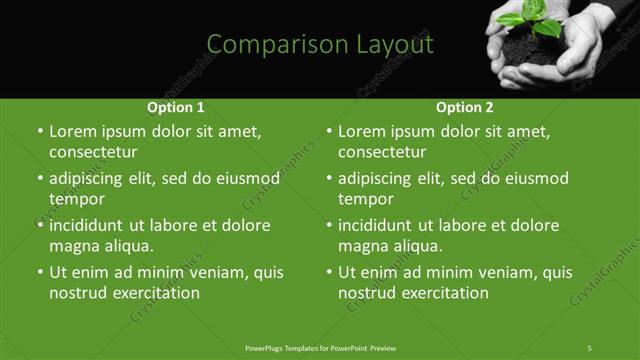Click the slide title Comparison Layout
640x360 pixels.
320,45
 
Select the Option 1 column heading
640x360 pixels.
176,107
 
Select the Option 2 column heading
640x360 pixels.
465,107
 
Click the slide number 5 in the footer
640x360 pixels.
590,347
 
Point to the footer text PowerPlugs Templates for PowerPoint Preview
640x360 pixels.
320,347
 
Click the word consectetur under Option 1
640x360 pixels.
93,153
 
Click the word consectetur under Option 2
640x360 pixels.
383,153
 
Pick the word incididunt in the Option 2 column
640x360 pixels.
379,224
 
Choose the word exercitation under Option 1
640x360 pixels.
156,293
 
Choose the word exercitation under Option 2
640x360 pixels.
445,293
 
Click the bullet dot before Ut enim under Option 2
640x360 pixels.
329,272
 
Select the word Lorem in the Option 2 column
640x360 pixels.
361,131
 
